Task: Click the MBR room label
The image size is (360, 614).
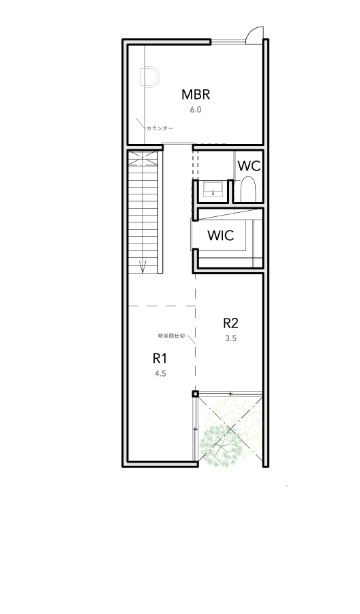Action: point(196,94)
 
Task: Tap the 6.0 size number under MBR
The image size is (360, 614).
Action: point(196,110)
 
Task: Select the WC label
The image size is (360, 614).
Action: point(250,166)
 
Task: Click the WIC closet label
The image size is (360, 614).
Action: point(221,235)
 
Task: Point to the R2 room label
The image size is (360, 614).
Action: point(231,323)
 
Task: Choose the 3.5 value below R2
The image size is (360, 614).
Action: point(231,338)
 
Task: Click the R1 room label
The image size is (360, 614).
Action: point(160,358)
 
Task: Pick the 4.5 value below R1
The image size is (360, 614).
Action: point(160,374)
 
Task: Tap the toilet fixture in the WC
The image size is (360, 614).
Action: point(247,189)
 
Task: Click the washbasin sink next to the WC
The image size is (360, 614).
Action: point(213,189)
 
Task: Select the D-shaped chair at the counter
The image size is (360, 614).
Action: point(150,76)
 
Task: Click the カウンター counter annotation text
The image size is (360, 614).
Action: point(160,128)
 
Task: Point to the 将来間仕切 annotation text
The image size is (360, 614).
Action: point(171,336)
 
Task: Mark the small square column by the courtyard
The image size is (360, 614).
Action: point(195,394)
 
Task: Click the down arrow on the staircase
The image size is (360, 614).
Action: point(142,266)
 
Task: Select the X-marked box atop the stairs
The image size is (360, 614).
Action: point(142,158)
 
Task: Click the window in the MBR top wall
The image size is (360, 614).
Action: point(229,41)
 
